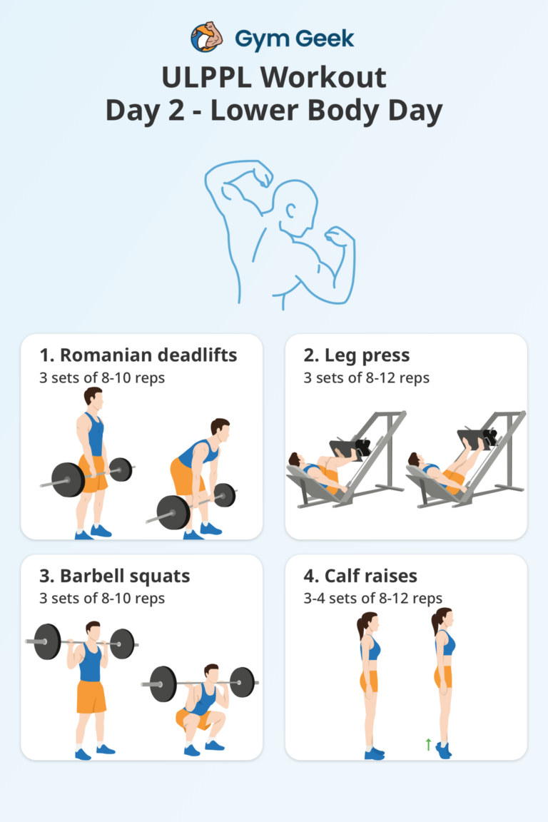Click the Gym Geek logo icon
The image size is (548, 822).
click(x=207, y=37)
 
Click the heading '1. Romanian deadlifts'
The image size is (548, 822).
click(x=138, y=355)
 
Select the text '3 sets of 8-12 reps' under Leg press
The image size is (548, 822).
click(x=366, y=377)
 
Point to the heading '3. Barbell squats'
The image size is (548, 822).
click(x=115, y=575)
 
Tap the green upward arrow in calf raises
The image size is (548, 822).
click(x=427, y=745)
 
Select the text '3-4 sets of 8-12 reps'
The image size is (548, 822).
click(x=372, y=598)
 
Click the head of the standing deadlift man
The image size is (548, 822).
click(x=93, y=399)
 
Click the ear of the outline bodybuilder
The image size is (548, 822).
click(x=292, y=212)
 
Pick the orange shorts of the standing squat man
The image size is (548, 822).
click(x=91, y=696)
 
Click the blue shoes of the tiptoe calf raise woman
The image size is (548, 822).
click(x=444, y=750)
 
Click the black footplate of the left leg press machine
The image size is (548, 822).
click(x=347, y=449)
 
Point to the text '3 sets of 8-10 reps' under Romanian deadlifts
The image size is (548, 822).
click(x=101, y=377)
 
